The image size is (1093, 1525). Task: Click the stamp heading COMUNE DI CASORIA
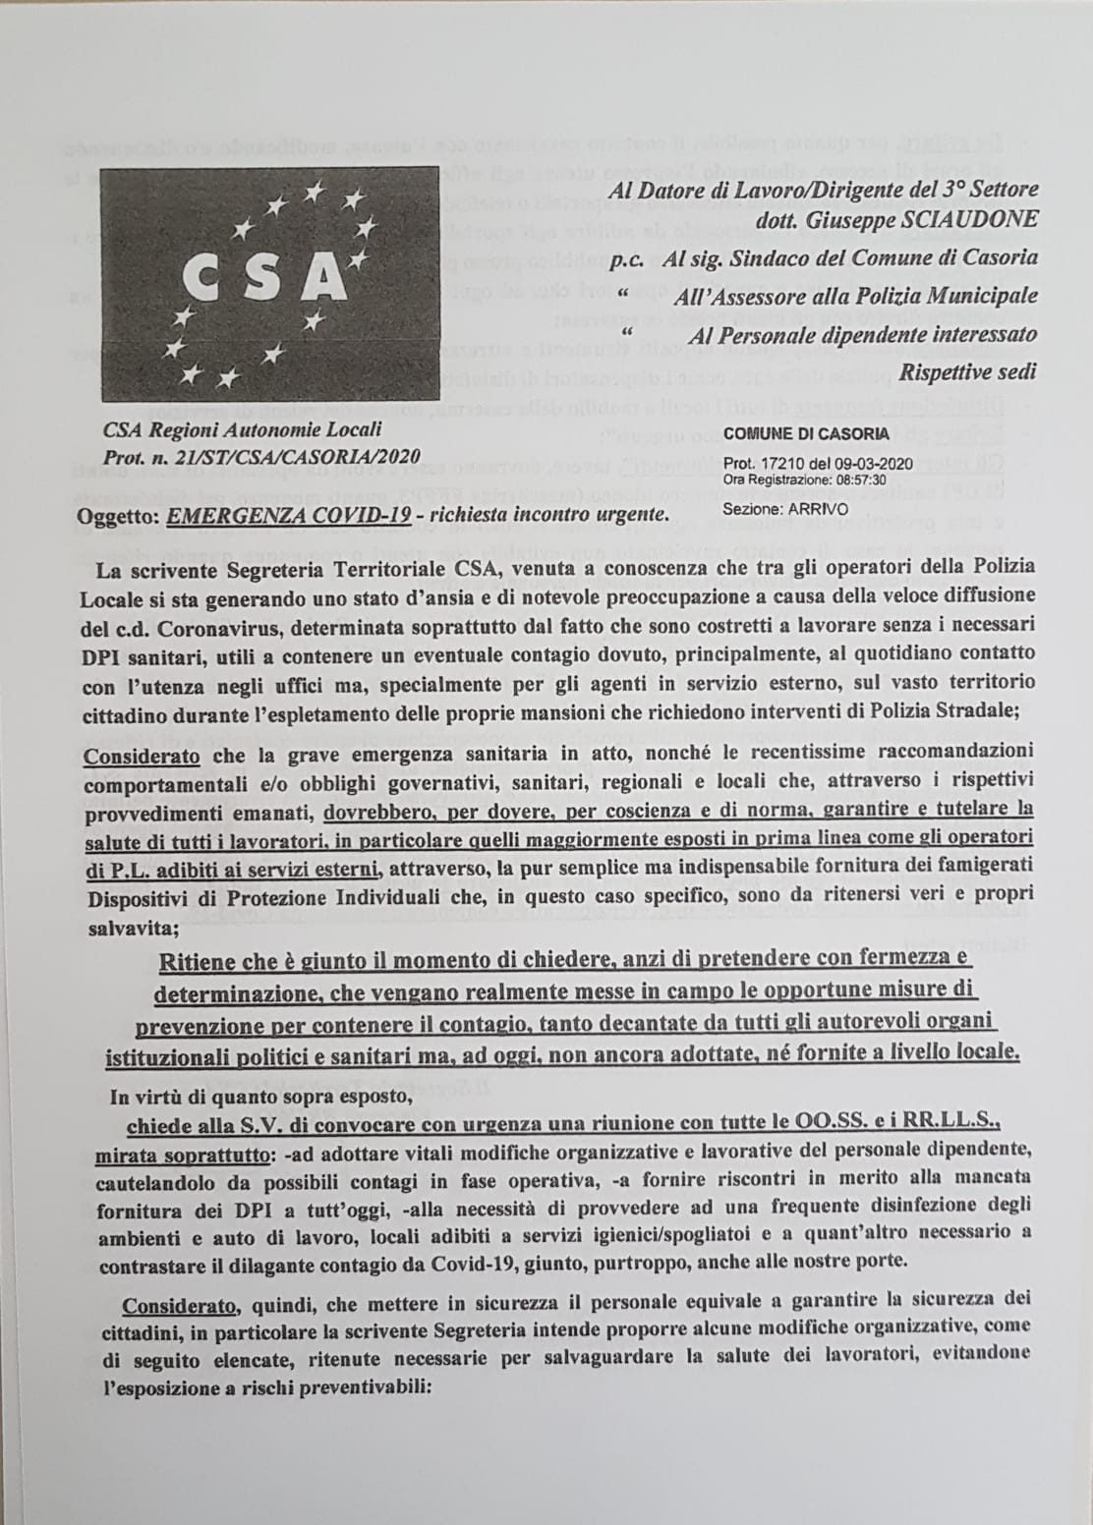coord(806,433)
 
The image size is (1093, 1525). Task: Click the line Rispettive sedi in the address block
coord(968,373)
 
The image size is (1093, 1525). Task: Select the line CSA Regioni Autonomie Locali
coord(243,429)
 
